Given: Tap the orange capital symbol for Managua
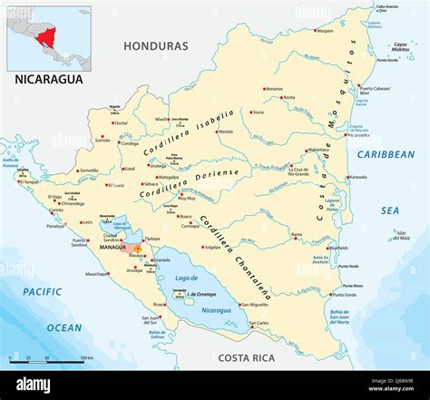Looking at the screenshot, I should [137, 248].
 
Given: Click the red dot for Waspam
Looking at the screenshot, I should [315, 30].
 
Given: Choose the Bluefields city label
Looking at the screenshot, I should [338, 247].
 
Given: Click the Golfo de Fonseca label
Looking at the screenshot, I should [11, 162].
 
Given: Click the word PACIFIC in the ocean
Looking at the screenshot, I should [43, 291].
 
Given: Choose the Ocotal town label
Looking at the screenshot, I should [120, 122].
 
